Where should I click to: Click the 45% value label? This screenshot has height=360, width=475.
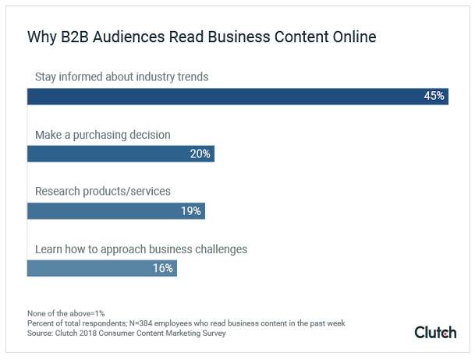click(434, 96)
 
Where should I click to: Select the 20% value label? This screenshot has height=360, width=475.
click(200, 154)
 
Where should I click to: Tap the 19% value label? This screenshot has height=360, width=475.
click(191, 210)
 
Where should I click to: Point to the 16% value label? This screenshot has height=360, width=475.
click(163, 268)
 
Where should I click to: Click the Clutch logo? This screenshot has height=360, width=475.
click(435, 332)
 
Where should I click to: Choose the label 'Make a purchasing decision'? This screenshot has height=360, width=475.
click(103, 135)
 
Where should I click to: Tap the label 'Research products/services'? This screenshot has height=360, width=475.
click(103, 192)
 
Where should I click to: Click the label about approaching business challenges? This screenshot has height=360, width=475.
click(141, 249)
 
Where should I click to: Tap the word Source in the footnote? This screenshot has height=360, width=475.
click(41, 333)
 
